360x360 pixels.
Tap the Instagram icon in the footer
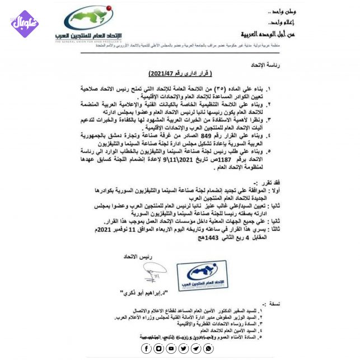(x=159, y=349)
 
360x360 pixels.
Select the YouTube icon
(x=171, y=349)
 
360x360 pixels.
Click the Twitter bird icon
(x=184, y=349)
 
